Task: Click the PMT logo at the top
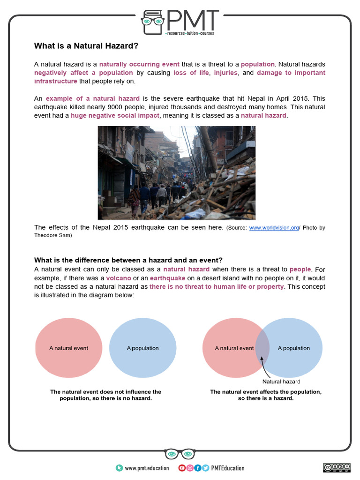tap(180, 22)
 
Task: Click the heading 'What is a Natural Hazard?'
tap(86, 46)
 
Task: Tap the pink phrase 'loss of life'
tap(191, 73)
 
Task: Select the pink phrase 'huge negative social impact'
tap(115, 115)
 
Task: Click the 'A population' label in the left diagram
tap(142, 348)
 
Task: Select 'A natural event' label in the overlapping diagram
tap(234, 348)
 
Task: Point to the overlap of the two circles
tap(262, 349)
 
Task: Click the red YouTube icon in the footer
tap(182, 468)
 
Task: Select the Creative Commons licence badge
tap(336, 468)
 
